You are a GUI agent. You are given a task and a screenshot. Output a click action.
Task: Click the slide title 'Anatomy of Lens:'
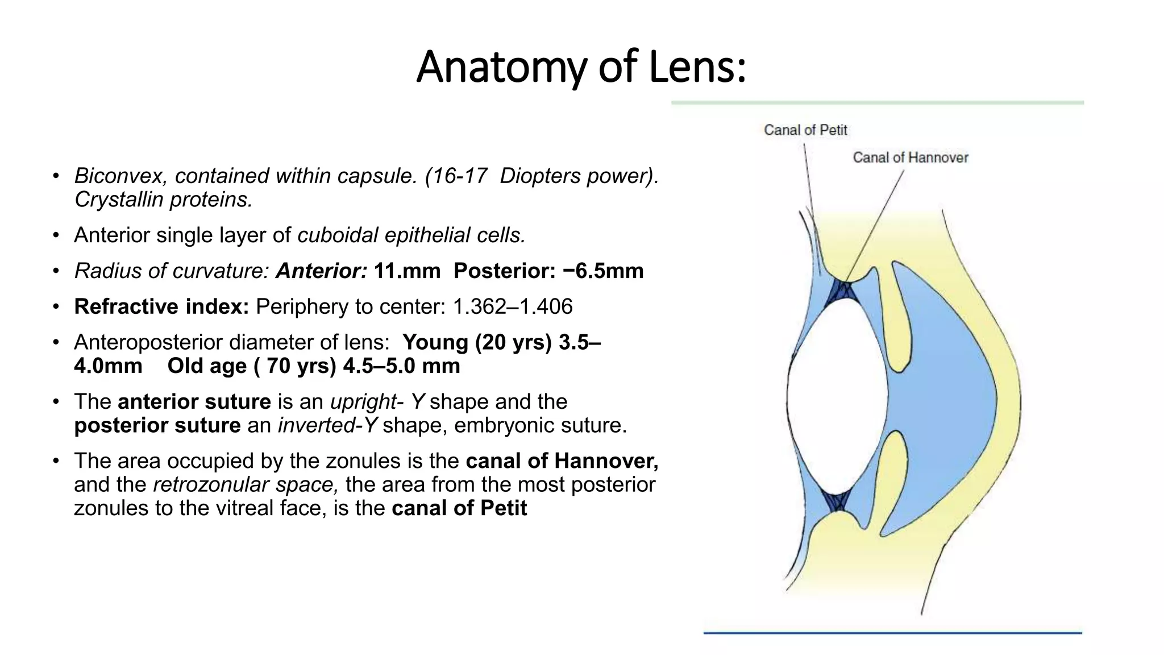coord(581,67)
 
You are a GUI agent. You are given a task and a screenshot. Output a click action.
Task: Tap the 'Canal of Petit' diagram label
coord(805,130)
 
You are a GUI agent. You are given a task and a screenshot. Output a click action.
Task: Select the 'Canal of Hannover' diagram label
coord(910,157)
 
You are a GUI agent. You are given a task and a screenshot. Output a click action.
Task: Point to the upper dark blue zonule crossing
coord(841,291)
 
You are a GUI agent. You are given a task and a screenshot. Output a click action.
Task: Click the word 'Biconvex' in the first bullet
coord(120,176)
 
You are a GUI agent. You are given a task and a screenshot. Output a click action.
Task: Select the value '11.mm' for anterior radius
coord(407,271)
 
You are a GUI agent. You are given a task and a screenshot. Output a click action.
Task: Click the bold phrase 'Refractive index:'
coord(161,307)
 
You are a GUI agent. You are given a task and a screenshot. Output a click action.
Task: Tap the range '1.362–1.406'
coord(513,307)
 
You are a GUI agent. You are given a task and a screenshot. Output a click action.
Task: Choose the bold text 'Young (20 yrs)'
coord(477,342)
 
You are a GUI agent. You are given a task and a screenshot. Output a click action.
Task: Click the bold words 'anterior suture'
coord(194,402)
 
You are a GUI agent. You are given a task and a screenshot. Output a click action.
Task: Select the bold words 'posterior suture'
coord(157,425)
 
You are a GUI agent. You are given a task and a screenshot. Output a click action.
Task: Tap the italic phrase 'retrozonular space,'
coord(246,484)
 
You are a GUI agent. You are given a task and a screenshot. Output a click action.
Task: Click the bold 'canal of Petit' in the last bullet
coord(459,508)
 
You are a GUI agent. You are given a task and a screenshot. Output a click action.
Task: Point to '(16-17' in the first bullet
coord(456,176)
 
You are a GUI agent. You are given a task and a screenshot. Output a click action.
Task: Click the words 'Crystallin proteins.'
coord(163,200)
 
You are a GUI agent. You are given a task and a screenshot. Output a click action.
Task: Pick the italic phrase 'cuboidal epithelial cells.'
coord(411,235)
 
